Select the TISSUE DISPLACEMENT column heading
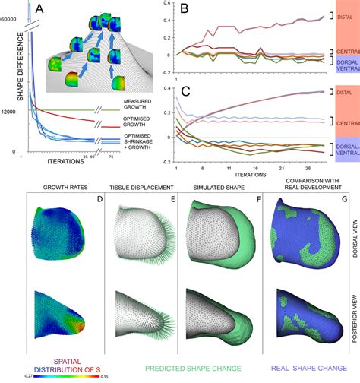click(x=140, y=185)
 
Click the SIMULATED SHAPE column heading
click(x=213, y=185)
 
